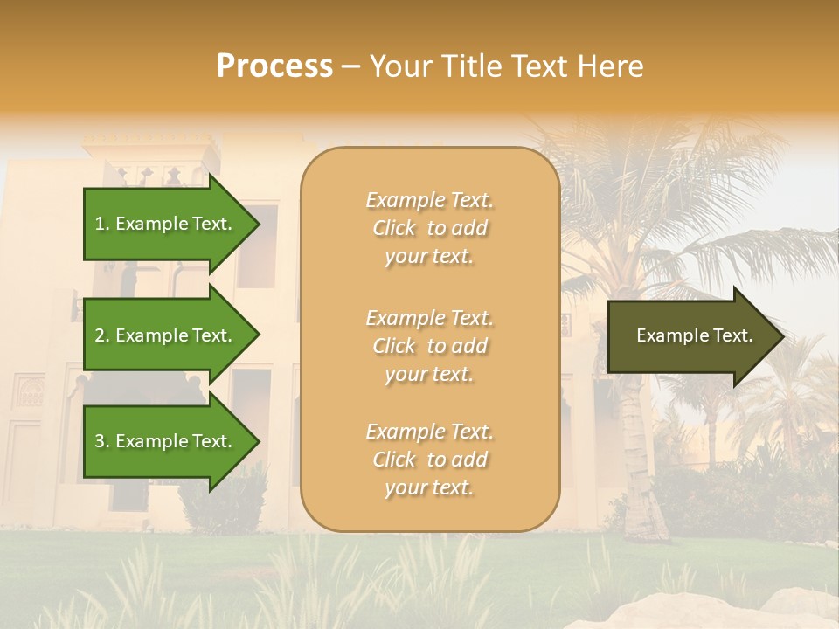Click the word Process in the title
[x=274, y=66]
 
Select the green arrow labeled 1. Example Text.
[x=166, y=224]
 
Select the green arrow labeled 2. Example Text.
[x=166, y=335]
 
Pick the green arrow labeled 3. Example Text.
[x=166, y=441]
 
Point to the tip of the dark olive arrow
[x=781, y=336]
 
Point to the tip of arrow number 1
[x=258, y=224]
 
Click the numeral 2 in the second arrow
[x=100, y=335]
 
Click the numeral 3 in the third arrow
[x=100, y=441]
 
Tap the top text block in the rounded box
[x=429, y=228]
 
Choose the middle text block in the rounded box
[x=429, y=346]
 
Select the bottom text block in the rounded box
[x=429, y=460]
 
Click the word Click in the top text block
[x=394, y=228]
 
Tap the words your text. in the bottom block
[x=429, y=487]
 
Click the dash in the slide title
[x=350, y=67]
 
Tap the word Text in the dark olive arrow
[x=732, y=335]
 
